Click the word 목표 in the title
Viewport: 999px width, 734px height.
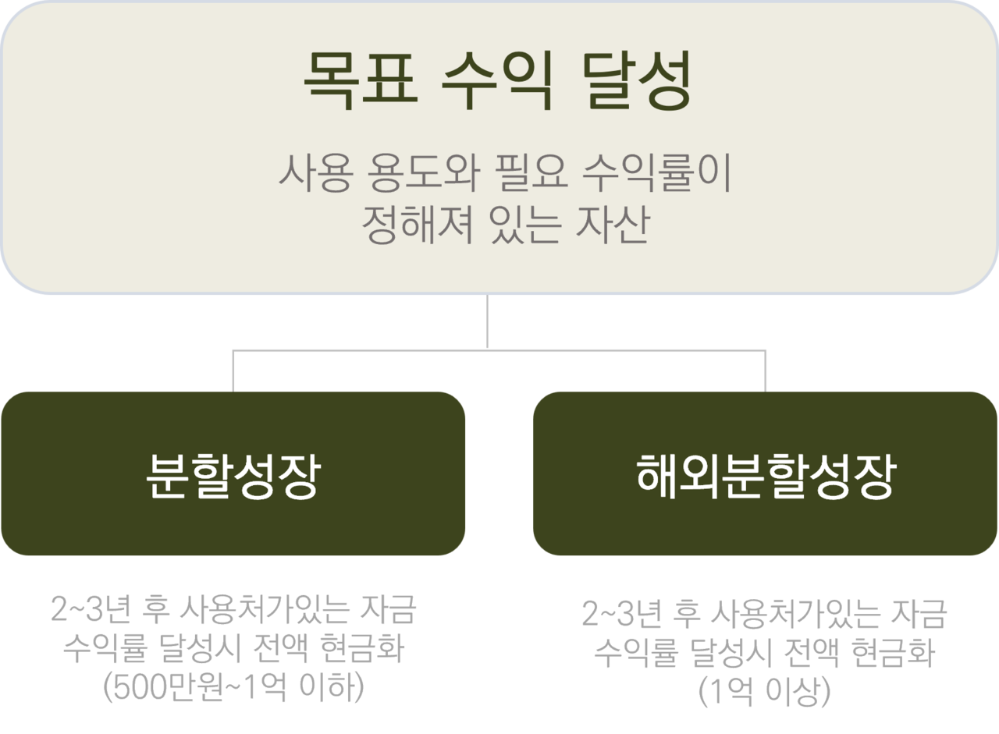tap(358, 81)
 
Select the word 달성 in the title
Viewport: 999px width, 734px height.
tap(636, 81)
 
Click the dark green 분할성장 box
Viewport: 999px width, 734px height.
tap(233, 473)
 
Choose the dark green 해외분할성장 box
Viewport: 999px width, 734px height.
tap(765, 473)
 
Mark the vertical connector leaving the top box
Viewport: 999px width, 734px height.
tap(487, 321)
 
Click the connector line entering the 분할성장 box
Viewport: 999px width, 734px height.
tap(233, 371)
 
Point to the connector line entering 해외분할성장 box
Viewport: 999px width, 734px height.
tap(766, 371)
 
